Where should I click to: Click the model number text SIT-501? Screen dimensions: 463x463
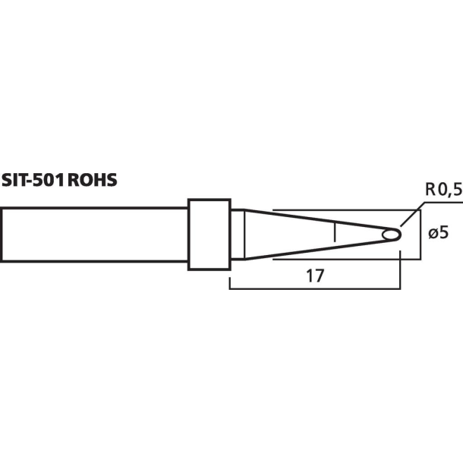(x=33, y=181)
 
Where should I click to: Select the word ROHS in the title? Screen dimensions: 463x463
(x=93, y=181)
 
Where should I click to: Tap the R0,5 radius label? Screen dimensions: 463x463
(x=443, y=191)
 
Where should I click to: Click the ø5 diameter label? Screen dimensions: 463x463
(x=438, y=234)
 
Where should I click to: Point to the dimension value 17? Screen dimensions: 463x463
(x=315, y=276)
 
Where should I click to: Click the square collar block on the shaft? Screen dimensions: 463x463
(x=209, y=235)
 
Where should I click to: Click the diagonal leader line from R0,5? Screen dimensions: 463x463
(x=410, y=218)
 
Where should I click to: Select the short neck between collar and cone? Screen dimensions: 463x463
(x=236, y=235)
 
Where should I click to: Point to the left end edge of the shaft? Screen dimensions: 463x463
(x=2, y=235)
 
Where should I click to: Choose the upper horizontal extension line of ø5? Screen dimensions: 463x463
(x=342, y=209)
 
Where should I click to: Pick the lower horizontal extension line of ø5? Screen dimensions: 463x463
(x=342, y=260)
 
